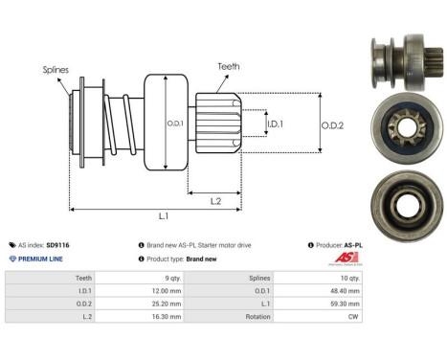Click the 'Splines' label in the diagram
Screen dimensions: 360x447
55,70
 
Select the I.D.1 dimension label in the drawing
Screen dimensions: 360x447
275,124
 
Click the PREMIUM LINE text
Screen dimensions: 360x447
42,259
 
